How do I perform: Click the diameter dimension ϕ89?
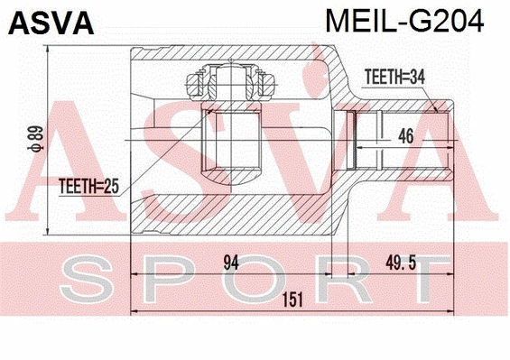[37, 140]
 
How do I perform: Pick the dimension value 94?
[231, 263]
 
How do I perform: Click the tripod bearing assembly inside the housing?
[229, 86]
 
